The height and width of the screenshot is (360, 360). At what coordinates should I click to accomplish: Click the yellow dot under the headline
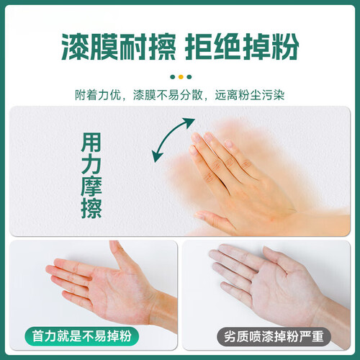(181, 77)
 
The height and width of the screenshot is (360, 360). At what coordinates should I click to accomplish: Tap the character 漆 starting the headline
(76, 46)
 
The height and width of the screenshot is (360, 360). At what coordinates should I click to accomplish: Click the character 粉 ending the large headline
(285, 46)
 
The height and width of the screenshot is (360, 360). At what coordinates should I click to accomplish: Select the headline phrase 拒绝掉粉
(242, 46)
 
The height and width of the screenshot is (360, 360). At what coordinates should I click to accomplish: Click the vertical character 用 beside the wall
(91, 143)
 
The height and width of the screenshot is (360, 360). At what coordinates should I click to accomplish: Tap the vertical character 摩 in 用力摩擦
(91, 186)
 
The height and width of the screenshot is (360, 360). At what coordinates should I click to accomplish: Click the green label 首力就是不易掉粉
(81, 336)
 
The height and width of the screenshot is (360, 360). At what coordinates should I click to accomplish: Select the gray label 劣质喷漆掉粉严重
(274, 336)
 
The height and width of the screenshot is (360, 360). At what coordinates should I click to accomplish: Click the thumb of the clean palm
(120, 255)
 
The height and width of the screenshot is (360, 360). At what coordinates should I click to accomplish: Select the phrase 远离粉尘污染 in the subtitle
(250, 95)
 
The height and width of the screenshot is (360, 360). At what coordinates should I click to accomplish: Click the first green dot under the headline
(173, 77)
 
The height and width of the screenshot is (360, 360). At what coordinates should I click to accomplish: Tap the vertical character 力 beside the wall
(91, 165)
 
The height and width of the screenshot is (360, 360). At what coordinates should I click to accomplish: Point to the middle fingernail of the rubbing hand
(208, 137)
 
